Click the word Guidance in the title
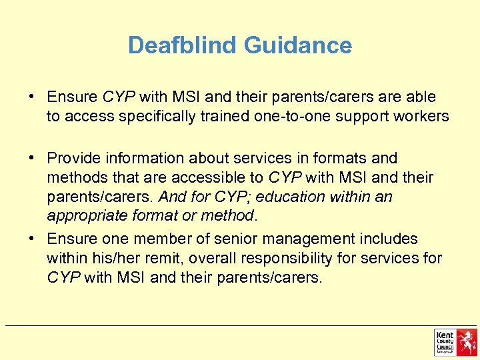click(297, 45)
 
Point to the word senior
click(219, 239)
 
